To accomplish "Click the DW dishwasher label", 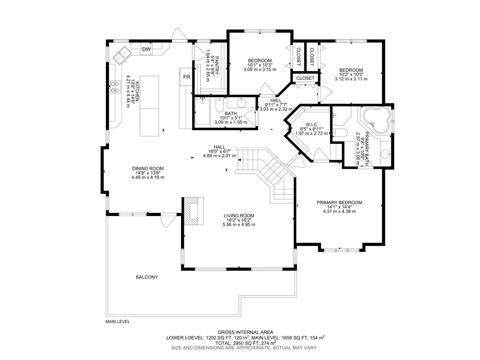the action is (x=146, y=49).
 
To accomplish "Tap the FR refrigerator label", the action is (x=187, y=77).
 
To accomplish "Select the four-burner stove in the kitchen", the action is (x=115, y=87).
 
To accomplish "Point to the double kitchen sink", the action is (x=121, y=55).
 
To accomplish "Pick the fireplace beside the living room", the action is (x=193, y=211).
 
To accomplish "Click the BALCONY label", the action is (x=147, y=277).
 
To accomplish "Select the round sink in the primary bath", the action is (x=385, y=154).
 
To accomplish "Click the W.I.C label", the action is (x=311, y=124).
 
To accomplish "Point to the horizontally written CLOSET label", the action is (x=305, y=78).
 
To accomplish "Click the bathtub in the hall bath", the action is (x=202, y=112).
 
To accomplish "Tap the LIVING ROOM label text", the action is (x=239, y=216).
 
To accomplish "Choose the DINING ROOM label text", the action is (x=148, y=169).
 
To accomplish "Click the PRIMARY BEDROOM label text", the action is (x=339, y=202).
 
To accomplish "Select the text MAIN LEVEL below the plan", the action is (x=118, y=322).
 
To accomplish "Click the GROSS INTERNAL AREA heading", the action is (x=245, y=332).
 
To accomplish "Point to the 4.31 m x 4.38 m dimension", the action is (x=339, y=211).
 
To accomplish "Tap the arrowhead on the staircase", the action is (x=239, y=160).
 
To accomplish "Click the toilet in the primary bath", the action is (x=340, y=133).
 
